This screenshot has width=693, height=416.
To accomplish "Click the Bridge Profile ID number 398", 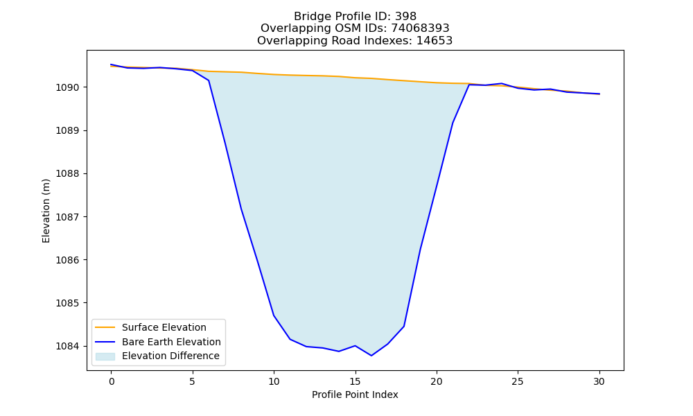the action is (405, 17).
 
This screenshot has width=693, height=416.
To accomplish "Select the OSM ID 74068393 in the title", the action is (420, 28).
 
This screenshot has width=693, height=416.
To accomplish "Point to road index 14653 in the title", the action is (435, 41).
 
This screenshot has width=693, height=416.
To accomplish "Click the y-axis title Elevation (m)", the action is (46, 211).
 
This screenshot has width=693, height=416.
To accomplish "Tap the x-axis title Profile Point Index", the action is (355, 395).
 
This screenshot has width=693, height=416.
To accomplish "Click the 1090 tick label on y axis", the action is (68, 87).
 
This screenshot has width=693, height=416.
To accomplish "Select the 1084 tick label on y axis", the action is (68, 346).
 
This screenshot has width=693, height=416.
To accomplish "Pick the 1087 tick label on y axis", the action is (68, 217).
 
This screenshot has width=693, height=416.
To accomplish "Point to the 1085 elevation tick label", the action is (68, 303).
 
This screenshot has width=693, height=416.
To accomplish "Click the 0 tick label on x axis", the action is (112, 381).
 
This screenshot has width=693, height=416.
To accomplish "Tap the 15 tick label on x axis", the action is (355, 381).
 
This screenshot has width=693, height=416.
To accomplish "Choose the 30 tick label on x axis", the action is (599, 381).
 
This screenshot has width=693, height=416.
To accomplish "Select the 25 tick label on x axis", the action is (518, 381).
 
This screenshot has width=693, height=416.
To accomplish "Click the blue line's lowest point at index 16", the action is (371, 356).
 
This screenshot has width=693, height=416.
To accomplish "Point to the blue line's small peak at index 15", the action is (355, 346).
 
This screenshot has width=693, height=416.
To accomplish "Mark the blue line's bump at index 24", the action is (501, 83).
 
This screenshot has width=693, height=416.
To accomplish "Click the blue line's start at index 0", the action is (112, 64).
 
